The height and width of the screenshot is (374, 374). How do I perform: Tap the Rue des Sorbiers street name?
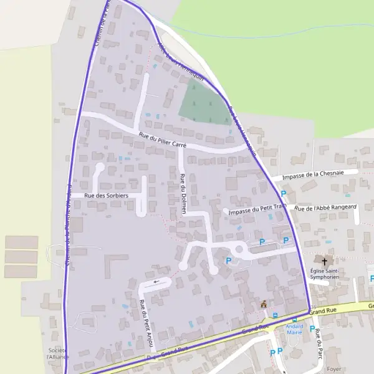click(106, 196)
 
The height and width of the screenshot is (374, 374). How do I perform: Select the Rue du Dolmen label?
click(183, 194)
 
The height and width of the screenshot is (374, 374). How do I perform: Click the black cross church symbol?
click(324, 260)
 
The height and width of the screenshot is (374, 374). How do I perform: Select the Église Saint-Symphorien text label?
click(325, 275)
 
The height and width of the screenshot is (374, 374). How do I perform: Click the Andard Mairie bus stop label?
click(294, 329)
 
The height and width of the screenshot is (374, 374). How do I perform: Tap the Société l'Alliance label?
click(58, 353)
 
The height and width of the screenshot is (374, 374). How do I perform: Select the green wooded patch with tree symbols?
click(203, 103)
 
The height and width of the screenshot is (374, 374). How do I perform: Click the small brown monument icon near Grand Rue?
click(264, 304)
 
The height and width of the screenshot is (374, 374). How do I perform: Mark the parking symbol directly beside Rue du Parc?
click(312, 328)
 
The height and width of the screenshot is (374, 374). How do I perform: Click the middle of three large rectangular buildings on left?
click(21, 256)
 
